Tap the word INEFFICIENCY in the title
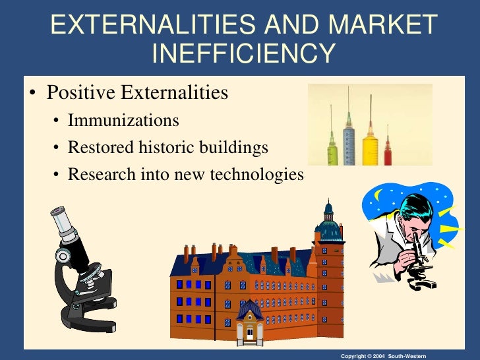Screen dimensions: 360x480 (243, 54)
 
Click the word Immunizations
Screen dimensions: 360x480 (123, 121)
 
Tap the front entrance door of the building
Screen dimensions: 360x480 (250, 332)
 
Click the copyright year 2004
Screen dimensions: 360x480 (378, 355)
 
